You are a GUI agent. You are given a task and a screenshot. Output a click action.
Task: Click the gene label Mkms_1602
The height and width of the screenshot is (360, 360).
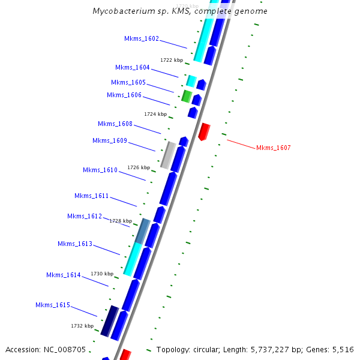[142, 38]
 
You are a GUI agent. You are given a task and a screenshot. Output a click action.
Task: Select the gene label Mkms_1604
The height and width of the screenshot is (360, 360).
[133, 67]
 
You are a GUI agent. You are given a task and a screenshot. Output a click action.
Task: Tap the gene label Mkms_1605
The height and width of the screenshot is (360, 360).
[128, 82]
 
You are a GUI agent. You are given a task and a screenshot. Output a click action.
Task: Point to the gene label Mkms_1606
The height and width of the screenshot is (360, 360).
[124, 95]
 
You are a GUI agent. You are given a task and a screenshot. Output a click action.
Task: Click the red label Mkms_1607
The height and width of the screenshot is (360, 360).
[273, 148]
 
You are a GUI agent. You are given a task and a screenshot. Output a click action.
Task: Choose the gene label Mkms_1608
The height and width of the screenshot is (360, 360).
[115, 124]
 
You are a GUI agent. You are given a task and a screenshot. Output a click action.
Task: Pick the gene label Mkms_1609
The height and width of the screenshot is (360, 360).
[110, 140]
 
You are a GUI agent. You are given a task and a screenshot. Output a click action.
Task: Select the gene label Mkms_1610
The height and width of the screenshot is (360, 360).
[100, 170]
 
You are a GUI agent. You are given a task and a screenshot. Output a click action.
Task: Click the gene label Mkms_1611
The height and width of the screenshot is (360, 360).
[92, 196]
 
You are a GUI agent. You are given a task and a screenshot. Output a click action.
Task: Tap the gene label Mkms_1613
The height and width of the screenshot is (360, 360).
[75, 244]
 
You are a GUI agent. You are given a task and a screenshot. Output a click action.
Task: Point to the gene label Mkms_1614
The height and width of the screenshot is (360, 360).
[64, 275]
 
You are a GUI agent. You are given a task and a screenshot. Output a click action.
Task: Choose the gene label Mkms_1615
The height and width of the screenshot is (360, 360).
[53, 305]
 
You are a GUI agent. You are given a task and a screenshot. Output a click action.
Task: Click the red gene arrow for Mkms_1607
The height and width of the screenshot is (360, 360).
[204, 131]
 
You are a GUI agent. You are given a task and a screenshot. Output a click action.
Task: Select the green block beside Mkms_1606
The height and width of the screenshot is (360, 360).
[187, 96]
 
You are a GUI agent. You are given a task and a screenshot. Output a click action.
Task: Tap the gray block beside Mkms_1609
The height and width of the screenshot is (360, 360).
[169, 155]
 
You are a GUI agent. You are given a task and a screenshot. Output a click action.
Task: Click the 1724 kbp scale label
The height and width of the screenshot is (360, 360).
[155, 113]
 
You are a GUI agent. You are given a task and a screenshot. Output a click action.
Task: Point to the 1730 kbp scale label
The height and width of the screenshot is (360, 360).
[102, 273]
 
